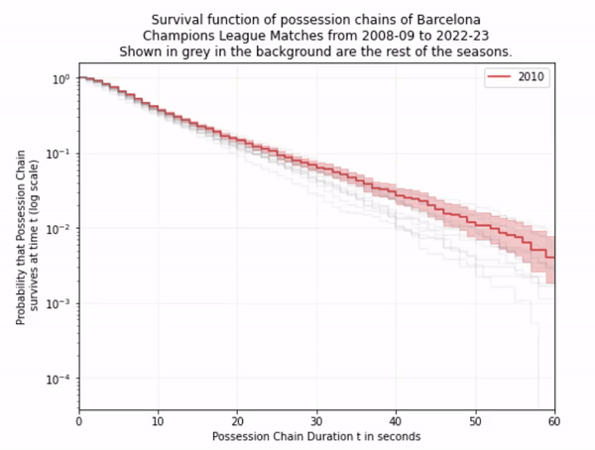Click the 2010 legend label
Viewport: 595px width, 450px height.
[x=533, y=76]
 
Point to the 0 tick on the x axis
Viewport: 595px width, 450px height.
[x=79, y=420]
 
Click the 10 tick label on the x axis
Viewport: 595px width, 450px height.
[x=159, y=420]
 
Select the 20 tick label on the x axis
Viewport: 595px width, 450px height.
[x=238, y=420]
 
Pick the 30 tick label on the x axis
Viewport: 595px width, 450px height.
[x=317, y=420]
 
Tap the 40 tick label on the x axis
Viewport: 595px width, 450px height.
[x=397, y=420]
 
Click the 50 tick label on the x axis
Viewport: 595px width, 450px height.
[x=476, y=420]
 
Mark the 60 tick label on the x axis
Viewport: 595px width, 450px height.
[x=554, y=420]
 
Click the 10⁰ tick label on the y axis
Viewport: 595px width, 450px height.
[x=61, y=78]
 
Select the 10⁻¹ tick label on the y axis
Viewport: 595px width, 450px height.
[x=59, y=154]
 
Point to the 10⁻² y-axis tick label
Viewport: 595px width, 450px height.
[x=59, y=229]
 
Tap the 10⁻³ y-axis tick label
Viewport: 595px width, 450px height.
[x=59, y=304]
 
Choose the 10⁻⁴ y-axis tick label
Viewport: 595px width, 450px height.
[x=59, y=380]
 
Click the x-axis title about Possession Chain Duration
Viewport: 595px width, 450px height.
[x=316, y=436]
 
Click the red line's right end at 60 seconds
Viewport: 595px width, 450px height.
[x=553, y=258]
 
